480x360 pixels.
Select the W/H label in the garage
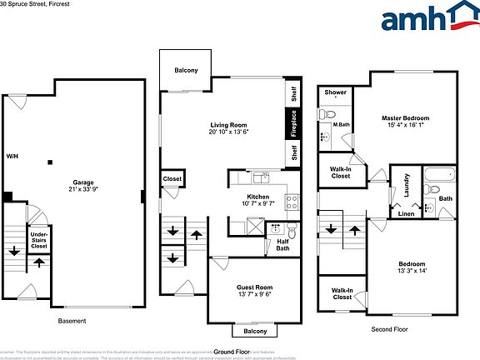12,157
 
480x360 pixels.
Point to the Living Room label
229,127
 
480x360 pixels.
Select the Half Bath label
282,246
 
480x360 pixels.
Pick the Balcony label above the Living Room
186,70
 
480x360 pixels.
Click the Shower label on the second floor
336,92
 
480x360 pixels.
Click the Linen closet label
406,214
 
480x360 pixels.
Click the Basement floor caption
72,321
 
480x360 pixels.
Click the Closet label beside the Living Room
172,179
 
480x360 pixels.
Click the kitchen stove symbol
292,201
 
